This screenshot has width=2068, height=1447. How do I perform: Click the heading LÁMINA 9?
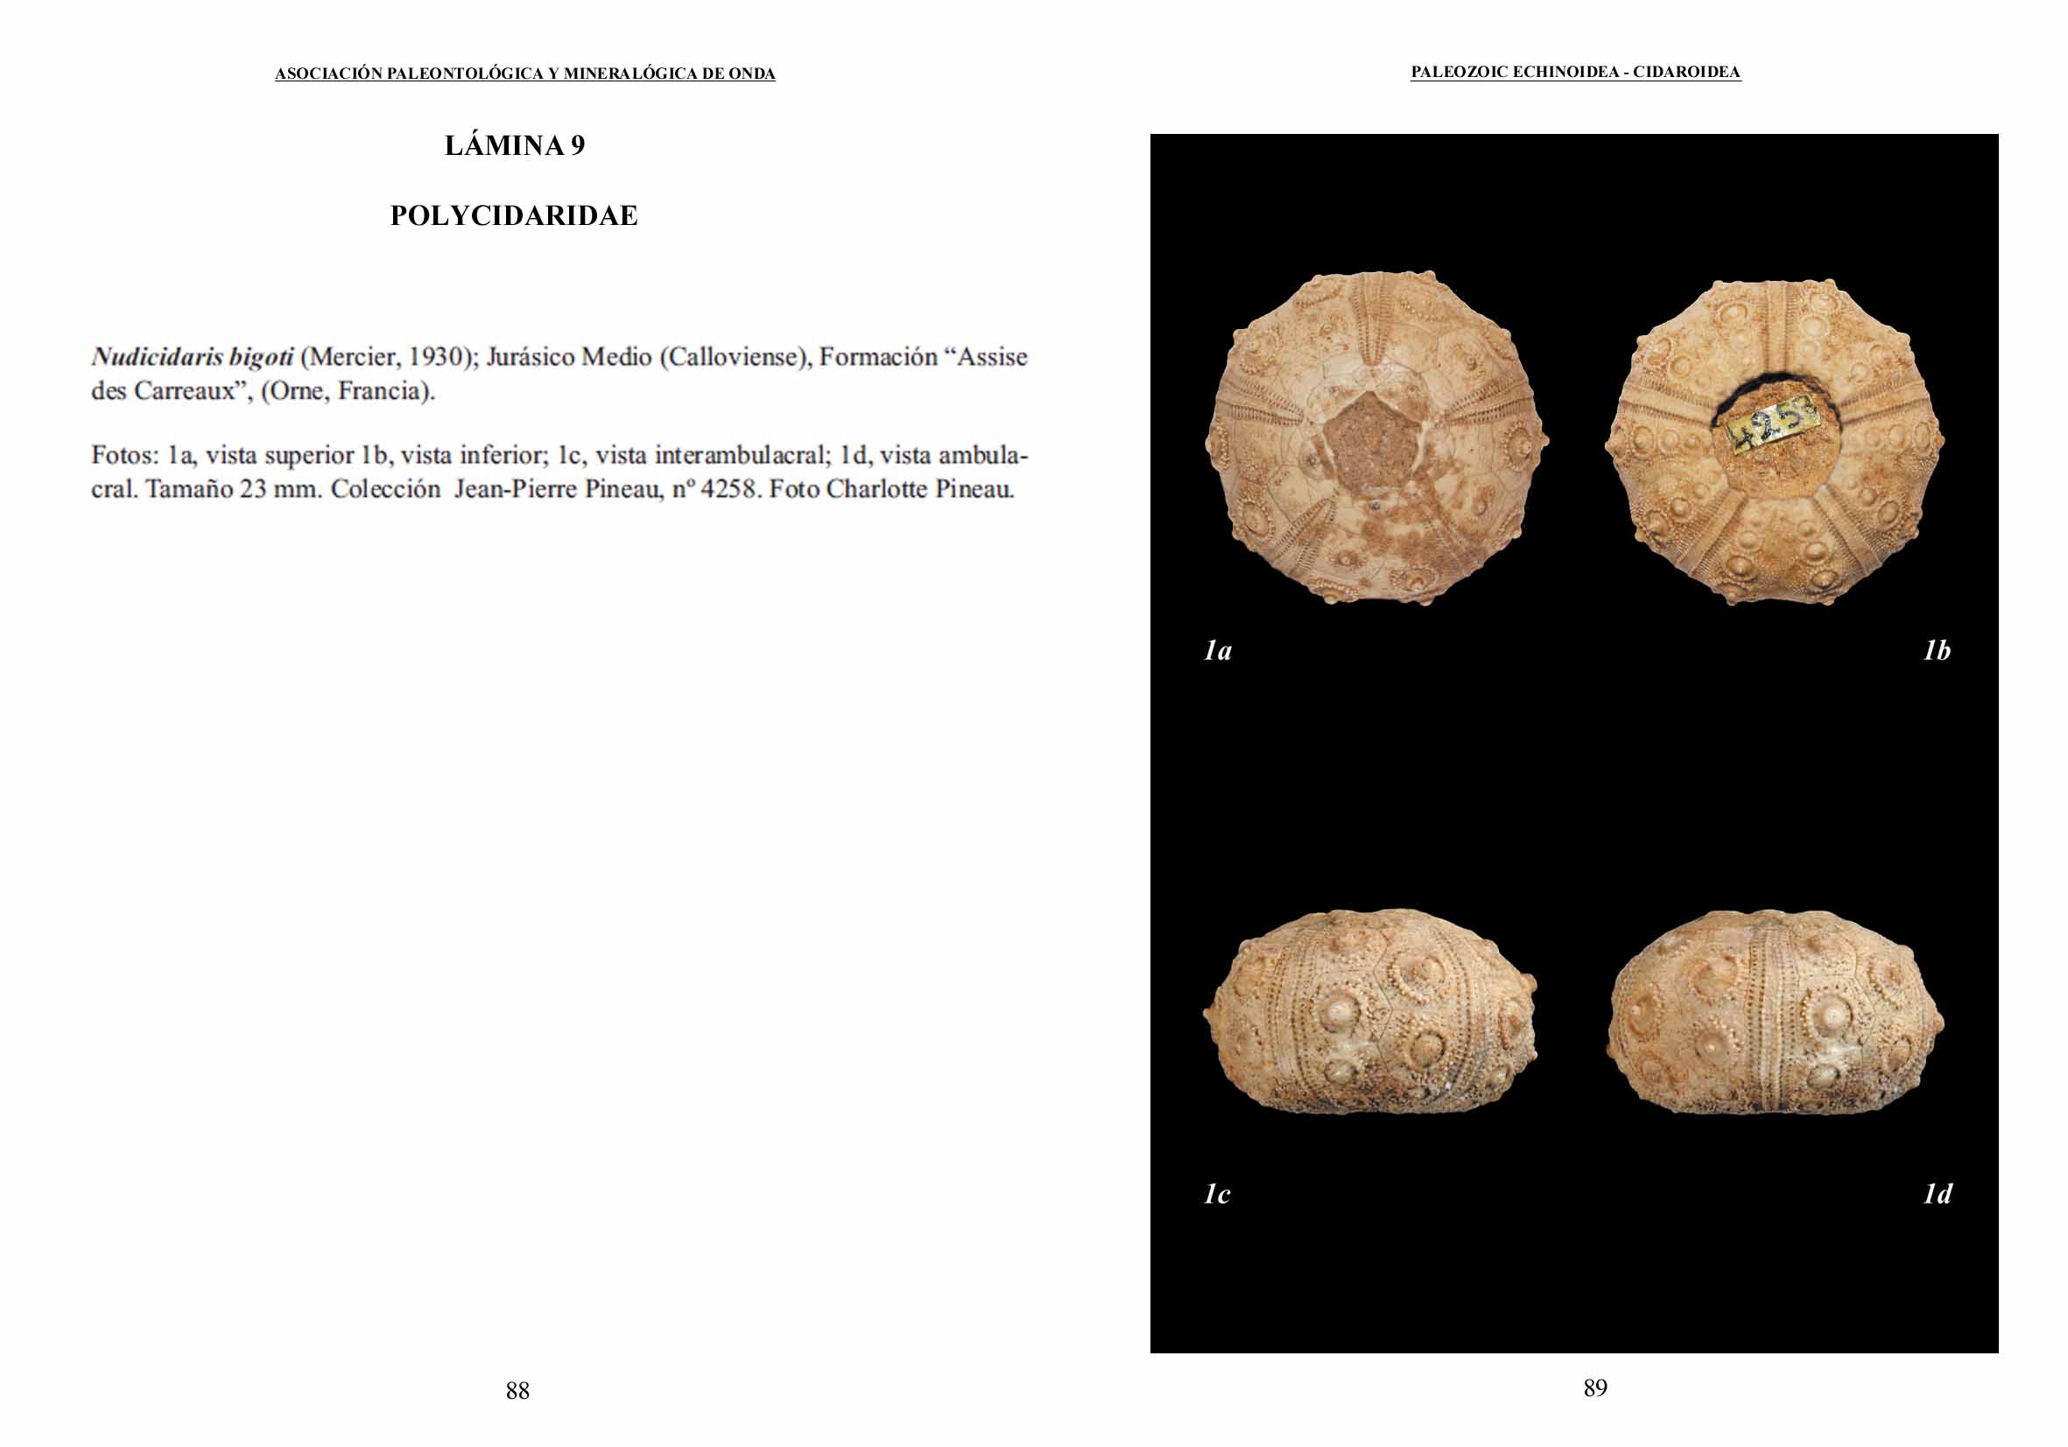tap(514, 146)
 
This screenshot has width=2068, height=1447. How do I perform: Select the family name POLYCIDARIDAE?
tap(513, 216)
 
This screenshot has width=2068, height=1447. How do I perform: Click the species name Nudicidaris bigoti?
tap(192, 357)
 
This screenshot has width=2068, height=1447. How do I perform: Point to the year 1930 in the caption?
tap(436, 357)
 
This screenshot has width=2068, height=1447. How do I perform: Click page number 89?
tap(1594, 1388)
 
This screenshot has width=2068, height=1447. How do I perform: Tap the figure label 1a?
tap(1218, 651)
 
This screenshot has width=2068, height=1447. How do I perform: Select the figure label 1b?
tap(1937, 651)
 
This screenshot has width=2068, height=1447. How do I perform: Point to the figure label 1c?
tap(1217, 1194)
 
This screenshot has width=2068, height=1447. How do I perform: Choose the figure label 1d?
tap(1938, 1194)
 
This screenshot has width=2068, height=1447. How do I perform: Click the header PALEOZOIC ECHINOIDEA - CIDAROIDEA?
tap(1575, 73)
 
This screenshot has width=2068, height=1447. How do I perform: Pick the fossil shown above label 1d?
tap(1775, 1013)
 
